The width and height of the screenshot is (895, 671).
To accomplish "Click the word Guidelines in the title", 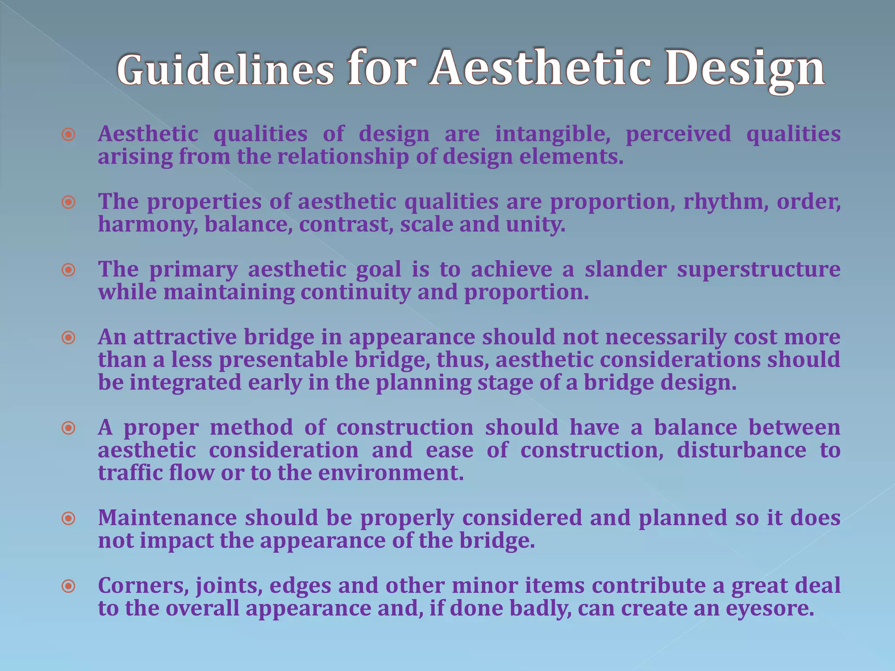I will tap(225, 70).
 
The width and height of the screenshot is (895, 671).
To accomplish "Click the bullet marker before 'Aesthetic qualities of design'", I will tap(68, 135).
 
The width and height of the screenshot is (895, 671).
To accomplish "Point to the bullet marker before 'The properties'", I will tap(68, 202).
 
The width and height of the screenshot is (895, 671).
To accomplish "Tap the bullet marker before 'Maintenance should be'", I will tap(68, 519).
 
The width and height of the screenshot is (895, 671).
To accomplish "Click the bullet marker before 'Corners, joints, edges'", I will tap(68, 586).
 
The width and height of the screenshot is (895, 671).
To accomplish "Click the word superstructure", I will tap(759, 270).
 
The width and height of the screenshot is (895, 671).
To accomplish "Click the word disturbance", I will tap(741, 450).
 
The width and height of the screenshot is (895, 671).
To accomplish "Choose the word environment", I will tap(390, 473).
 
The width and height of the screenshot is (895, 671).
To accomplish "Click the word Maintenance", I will tap(167, 518).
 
